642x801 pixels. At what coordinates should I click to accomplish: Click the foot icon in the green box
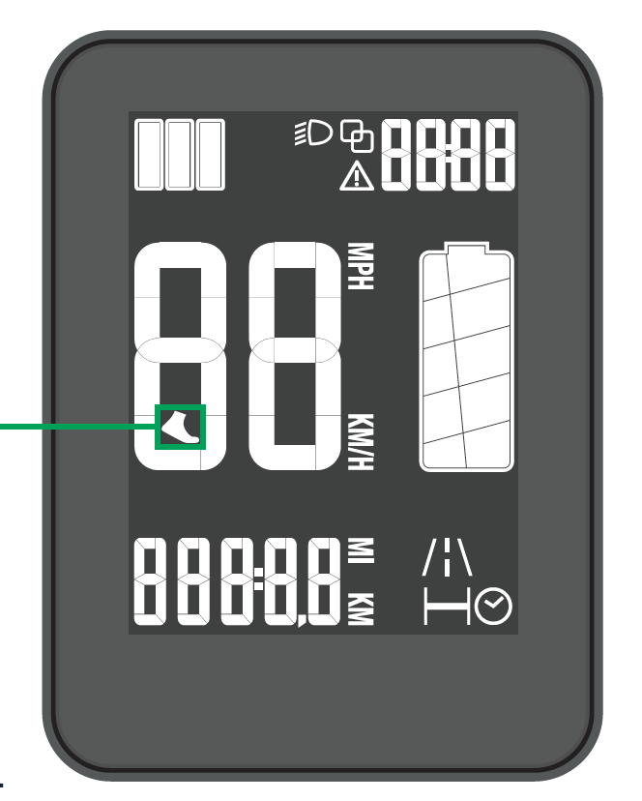point(181,427)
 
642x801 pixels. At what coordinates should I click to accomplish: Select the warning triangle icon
point(356,176)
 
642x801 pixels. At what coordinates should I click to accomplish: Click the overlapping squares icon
point(358,136)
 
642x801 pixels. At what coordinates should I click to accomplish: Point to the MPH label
point(359,267)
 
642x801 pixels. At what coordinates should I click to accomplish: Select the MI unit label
point(361,552)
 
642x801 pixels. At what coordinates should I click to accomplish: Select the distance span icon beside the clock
point(449,608)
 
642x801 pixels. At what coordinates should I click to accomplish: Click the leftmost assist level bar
point(150,155)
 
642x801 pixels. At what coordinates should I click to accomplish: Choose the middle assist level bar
point(180,155)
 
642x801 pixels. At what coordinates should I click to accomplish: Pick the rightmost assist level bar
point(210,155)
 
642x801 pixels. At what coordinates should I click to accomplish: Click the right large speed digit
point(295,355)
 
